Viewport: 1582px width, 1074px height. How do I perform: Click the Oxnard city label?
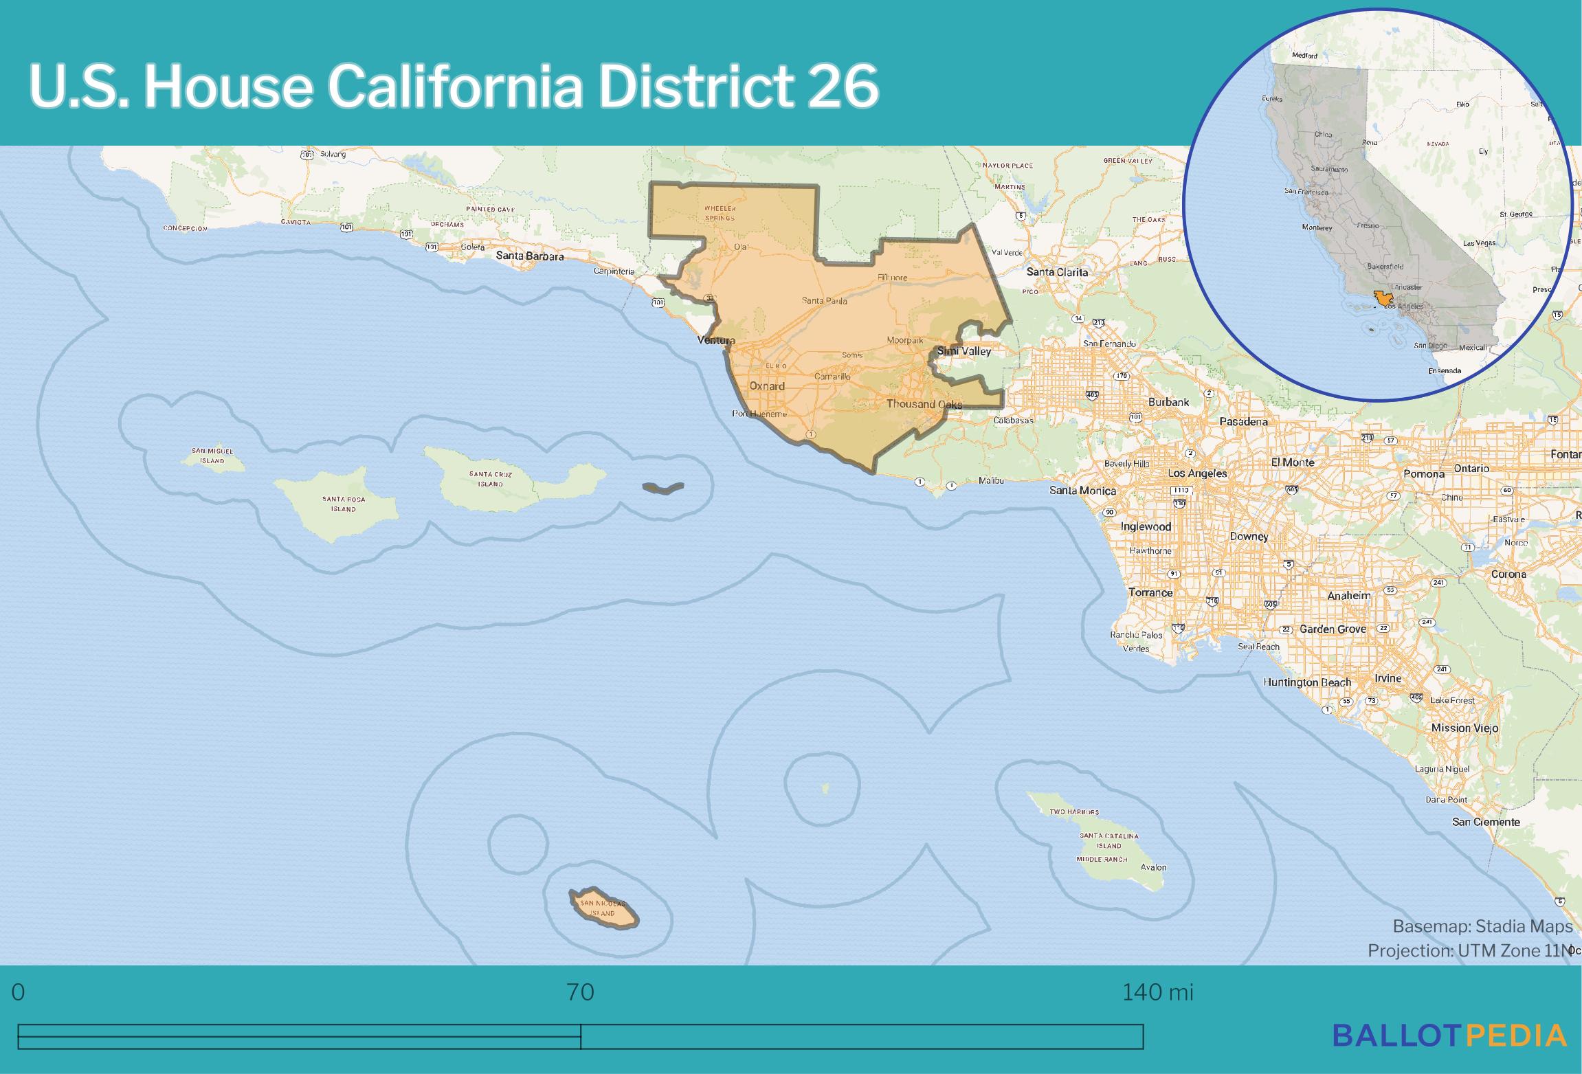[766, 386]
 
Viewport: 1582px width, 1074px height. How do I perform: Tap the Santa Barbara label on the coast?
[530, 256]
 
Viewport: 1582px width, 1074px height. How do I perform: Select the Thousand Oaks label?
[924, 404]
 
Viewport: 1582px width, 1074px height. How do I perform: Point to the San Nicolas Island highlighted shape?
[604, 909]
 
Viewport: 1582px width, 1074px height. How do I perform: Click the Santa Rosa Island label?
[343, 504]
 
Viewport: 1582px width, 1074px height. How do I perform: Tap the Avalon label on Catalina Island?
[1153, 867]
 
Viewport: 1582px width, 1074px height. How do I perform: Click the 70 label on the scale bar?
[580, 992]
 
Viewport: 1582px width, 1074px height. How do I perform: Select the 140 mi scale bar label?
[1157, 992]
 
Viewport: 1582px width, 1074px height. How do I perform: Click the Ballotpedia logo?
[1449, 1036]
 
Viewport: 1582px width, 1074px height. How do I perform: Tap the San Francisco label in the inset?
[1306, 192]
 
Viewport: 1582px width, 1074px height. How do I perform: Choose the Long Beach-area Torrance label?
[1150, 593]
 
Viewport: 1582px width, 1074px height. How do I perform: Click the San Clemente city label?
[1486, 822]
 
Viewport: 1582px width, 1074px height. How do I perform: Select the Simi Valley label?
[964, 352]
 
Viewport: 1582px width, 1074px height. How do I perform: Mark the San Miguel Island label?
[212, 456]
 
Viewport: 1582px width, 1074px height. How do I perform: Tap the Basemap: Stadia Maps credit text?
[1482, 926]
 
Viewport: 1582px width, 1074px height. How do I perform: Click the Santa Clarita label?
[1057, 272]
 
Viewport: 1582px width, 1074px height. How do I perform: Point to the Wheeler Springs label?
[720, 213]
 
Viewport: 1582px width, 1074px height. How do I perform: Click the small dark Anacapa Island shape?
[663, 488]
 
